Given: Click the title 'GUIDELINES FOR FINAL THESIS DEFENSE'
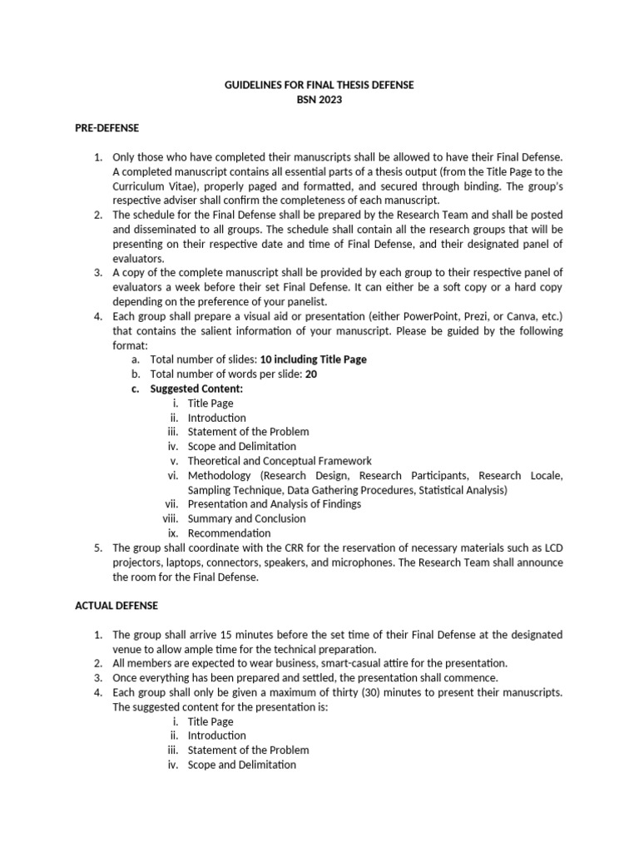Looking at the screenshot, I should [319, 85].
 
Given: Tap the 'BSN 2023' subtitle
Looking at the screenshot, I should [319, 100].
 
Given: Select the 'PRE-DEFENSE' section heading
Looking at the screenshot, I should [107, 128].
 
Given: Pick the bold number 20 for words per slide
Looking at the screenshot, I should [311, 374].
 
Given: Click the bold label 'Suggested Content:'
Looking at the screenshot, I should [196, 389].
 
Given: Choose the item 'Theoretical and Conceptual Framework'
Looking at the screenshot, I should [280, 460].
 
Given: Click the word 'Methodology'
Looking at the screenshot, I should [219, 475].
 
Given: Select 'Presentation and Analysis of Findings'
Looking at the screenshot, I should [274, 503].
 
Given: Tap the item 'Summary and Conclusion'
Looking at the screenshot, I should [246, 518].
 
